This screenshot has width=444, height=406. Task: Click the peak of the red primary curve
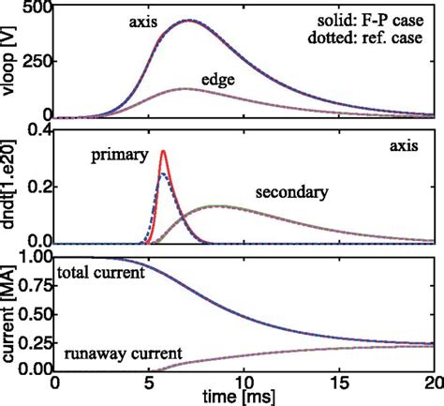(164, 151)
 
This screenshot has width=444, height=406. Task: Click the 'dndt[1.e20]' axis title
(10, 188)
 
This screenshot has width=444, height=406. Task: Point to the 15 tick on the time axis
(338, 382)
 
